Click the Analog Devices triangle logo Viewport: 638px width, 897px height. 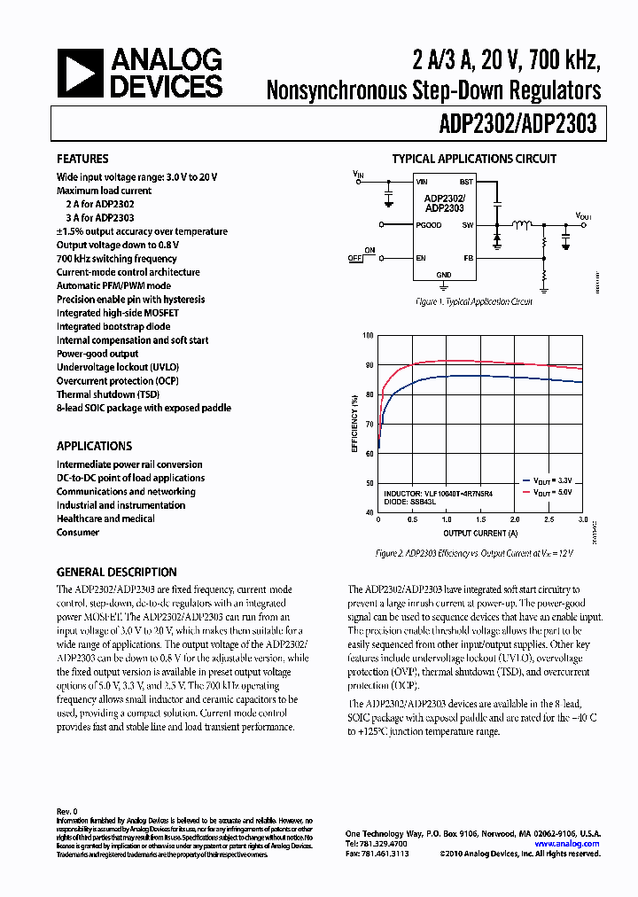80,73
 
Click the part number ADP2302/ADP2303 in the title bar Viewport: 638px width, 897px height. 517,123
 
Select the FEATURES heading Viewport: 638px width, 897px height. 82,159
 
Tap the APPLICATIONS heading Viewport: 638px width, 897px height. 94,446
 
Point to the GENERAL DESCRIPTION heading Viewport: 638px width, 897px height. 116,572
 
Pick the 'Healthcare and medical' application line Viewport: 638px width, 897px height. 105,519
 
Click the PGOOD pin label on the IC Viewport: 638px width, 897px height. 429,225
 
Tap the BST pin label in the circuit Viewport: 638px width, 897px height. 466,182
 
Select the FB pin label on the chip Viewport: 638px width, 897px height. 468,258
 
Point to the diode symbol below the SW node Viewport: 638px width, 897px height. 497,239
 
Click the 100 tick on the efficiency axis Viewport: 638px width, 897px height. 369,336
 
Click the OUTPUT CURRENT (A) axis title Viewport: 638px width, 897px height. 480,534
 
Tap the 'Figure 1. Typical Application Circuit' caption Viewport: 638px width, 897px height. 474,302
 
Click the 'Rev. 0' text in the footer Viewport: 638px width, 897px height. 67,811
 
